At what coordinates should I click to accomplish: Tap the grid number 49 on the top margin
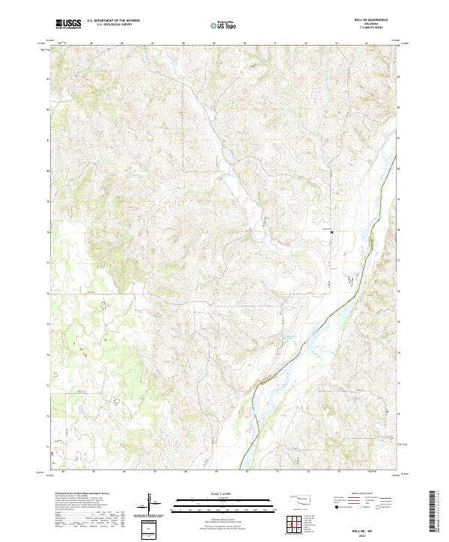click(x=214, y=43)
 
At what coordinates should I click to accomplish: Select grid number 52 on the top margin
click(x=307, y=43)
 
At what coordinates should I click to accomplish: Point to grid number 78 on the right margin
click(x=397, y=232)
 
